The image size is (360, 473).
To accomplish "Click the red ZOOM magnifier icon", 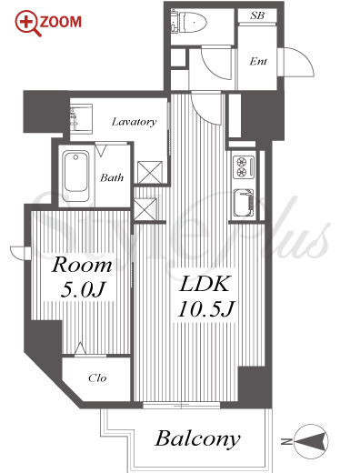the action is [28, 23].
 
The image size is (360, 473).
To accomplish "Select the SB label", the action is [257, 15].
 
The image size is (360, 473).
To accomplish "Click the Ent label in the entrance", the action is [258, 62].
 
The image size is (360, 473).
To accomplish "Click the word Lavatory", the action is [134, 122].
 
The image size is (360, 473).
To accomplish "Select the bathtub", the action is [75, 176].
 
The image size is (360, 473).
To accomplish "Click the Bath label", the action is [112, 177].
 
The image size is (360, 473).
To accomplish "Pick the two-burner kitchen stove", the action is [244, 166].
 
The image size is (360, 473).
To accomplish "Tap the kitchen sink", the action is [244, 202].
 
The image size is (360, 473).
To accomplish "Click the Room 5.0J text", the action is [82, 277].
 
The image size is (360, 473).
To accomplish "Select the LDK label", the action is [205, 284].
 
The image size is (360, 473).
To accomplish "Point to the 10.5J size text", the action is [206, 309].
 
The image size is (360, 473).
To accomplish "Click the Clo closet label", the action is [97, 378].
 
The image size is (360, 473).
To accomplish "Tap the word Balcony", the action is [197, 438].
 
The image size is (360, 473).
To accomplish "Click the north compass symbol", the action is [311, 441].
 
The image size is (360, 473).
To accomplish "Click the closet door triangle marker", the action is [80, 348].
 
